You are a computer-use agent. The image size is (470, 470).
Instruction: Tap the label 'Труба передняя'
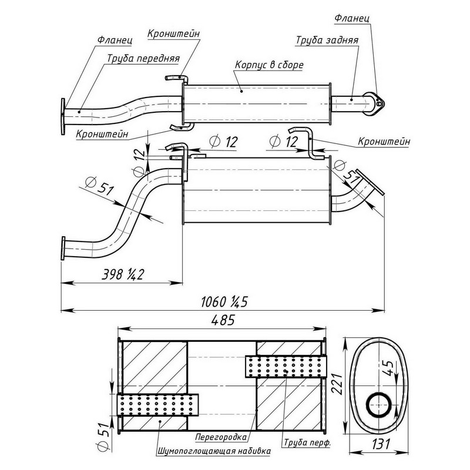click(143, 59)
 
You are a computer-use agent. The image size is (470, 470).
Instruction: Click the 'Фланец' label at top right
click(351, 18)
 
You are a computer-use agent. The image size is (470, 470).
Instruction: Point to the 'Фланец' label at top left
click(115, 41)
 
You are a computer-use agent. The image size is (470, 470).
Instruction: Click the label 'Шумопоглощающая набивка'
click(214, 451)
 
